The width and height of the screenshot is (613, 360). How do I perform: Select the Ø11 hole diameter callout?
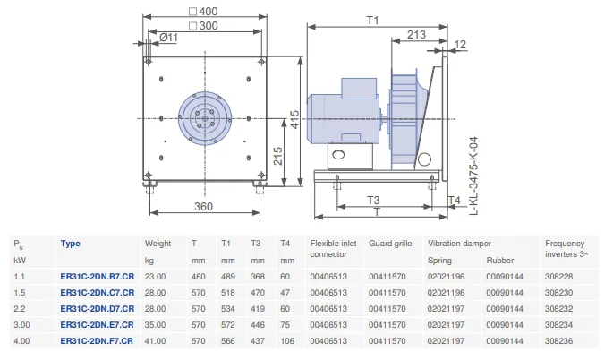[168, 38]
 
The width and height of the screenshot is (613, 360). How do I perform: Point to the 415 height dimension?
[294, 119]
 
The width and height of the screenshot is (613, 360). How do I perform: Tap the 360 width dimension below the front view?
[204, 206]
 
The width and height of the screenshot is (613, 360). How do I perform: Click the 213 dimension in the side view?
[416, 34]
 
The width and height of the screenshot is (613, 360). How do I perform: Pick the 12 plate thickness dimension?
[460, 45]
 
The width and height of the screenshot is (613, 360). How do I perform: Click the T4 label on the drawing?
[455, 201]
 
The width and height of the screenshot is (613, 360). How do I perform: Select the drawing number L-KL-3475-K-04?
[473, 176]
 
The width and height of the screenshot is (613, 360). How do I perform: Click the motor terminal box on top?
[359, 89]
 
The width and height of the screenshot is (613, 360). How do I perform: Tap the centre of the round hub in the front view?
[205, 118]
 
